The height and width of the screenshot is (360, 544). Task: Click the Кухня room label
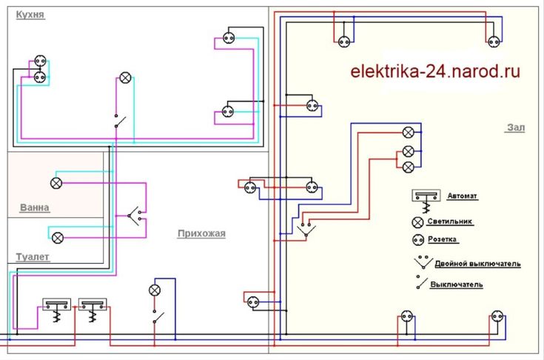28,14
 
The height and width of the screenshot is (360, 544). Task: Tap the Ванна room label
35,208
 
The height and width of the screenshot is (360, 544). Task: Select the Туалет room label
33,257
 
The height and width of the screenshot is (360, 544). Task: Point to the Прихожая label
201,234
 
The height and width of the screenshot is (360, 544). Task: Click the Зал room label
516,128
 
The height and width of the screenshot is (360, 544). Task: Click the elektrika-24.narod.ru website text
434,72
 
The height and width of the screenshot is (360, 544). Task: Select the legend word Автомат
463,196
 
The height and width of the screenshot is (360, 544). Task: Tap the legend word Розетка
443,239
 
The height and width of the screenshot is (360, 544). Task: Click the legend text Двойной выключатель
477,264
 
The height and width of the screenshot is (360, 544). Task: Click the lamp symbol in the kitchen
125,78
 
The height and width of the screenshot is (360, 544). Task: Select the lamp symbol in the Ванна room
56,182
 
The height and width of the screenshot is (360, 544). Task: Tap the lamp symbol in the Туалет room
57,237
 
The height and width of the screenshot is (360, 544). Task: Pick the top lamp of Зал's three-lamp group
407,133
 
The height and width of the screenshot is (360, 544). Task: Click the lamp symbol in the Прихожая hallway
155,289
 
